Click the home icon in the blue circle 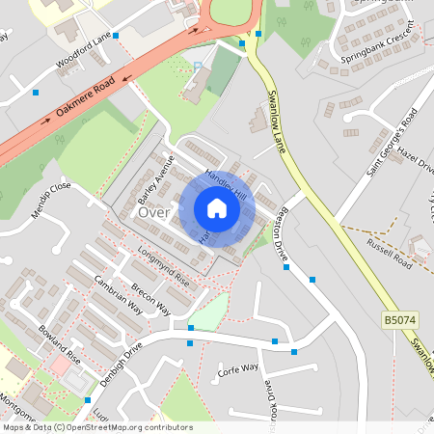(x=217, y=208)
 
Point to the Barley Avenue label (x=155, y=175)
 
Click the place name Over (x=153, y=211)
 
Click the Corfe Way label (x=238, y=367)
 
